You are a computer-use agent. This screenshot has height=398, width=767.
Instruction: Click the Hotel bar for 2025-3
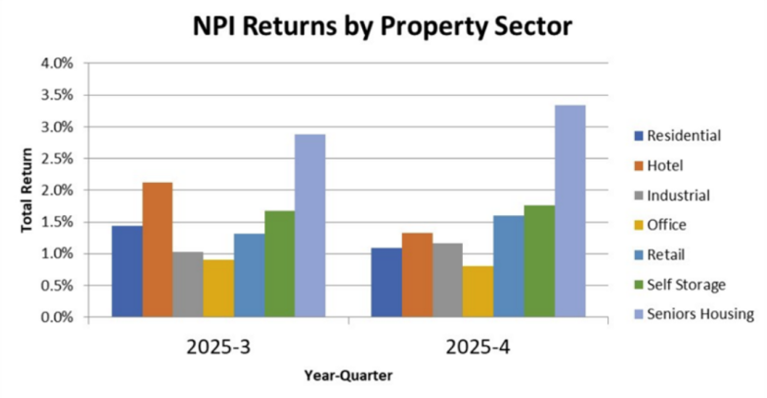157,249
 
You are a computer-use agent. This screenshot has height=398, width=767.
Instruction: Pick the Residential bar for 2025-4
386,282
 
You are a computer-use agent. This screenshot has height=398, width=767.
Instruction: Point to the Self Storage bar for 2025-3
279,263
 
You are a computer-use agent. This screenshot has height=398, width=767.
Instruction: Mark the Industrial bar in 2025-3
188,283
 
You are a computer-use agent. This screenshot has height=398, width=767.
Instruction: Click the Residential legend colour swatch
638,137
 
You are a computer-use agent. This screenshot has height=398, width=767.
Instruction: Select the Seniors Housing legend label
701,314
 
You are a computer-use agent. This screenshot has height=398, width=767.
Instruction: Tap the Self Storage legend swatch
638,284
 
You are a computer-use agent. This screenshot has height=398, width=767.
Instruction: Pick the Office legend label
667,224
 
